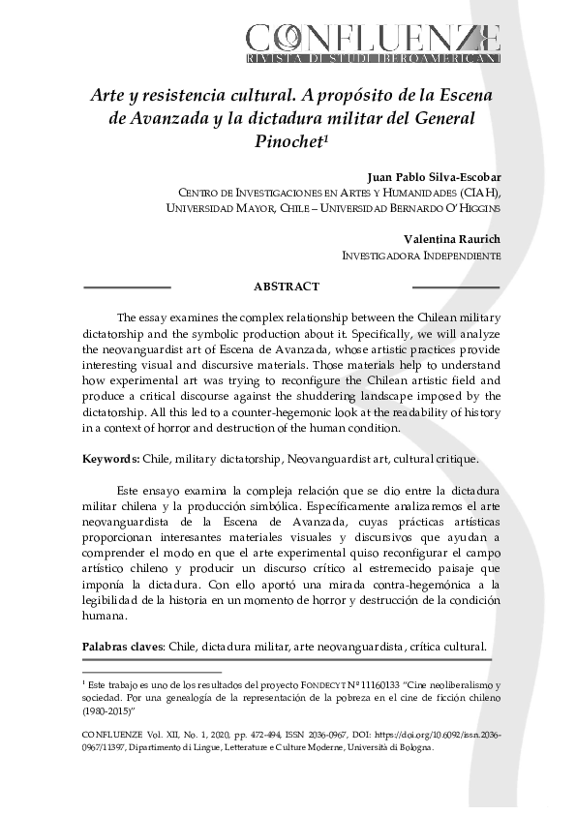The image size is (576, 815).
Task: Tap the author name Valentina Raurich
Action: pos(452,240)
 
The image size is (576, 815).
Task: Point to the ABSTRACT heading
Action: pos(286,287)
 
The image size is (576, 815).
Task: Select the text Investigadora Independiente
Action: pos(421,257)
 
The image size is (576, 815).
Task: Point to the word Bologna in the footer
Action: pos(413,746)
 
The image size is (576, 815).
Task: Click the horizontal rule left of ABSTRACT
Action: pos(127,287)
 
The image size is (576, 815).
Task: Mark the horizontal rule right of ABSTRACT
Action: pos(456,287)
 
